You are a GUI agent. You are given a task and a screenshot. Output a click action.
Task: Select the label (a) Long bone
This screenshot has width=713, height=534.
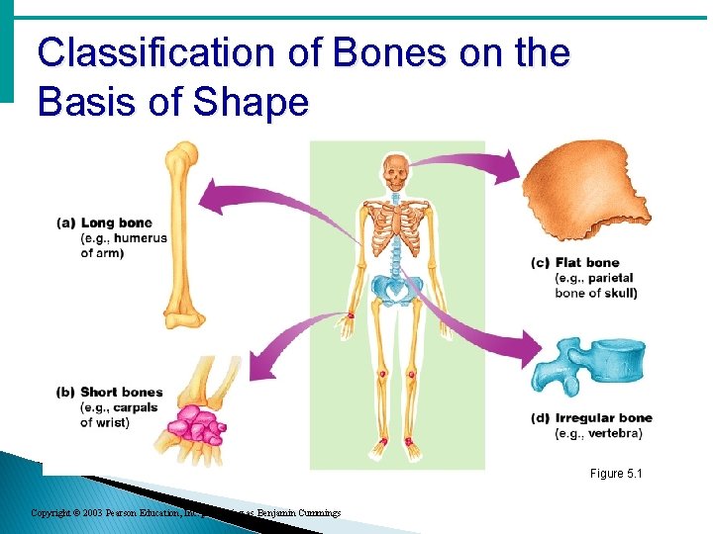coord(112,222)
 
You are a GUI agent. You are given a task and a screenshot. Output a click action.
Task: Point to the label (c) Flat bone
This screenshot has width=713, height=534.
coord(575,263)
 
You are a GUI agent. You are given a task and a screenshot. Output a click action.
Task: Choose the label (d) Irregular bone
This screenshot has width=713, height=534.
coord(591,418)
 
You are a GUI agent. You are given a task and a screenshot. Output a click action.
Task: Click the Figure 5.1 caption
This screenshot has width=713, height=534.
coord(616,475)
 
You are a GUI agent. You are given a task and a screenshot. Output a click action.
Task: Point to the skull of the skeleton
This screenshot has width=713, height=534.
coord(396,174)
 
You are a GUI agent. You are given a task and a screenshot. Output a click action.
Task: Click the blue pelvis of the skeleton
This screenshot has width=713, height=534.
coord(396,290)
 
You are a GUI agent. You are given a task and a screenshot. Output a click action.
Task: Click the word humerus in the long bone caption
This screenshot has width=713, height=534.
coord(142,238)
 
